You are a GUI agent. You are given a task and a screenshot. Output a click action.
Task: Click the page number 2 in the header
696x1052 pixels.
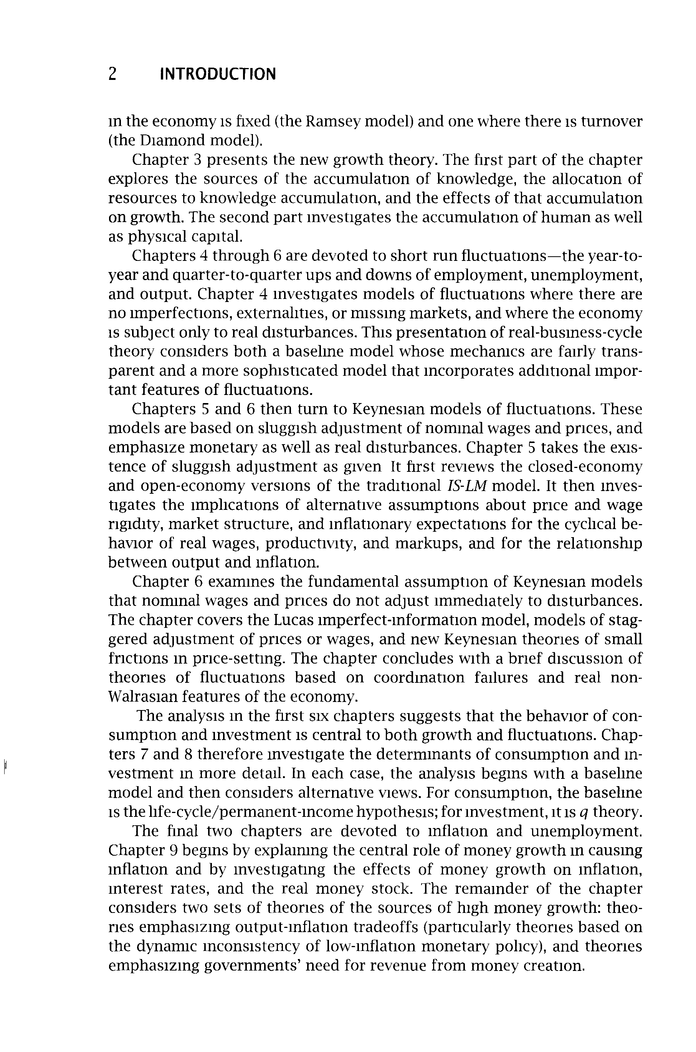[112, 74]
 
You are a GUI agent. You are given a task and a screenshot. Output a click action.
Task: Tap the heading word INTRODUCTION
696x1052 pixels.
[218, 74]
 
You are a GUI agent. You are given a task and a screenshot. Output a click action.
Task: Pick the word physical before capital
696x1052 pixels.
[157, 236]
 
